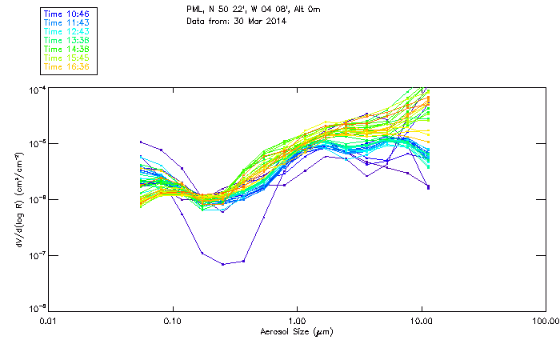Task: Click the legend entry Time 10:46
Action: coord(67,14)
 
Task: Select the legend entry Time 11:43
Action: coord(67,23)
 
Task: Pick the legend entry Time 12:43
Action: coord(67,32)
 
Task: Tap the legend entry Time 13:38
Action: coord(67,41)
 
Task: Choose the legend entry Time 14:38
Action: coord(67,50)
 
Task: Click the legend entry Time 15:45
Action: coord(67,58)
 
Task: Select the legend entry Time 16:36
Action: coord(67,67)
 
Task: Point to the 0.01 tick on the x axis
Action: coord(49,321)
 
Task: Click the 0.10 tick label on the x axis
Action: coord(173,321)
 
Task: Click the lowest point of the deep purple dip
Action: coord(223,264)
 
